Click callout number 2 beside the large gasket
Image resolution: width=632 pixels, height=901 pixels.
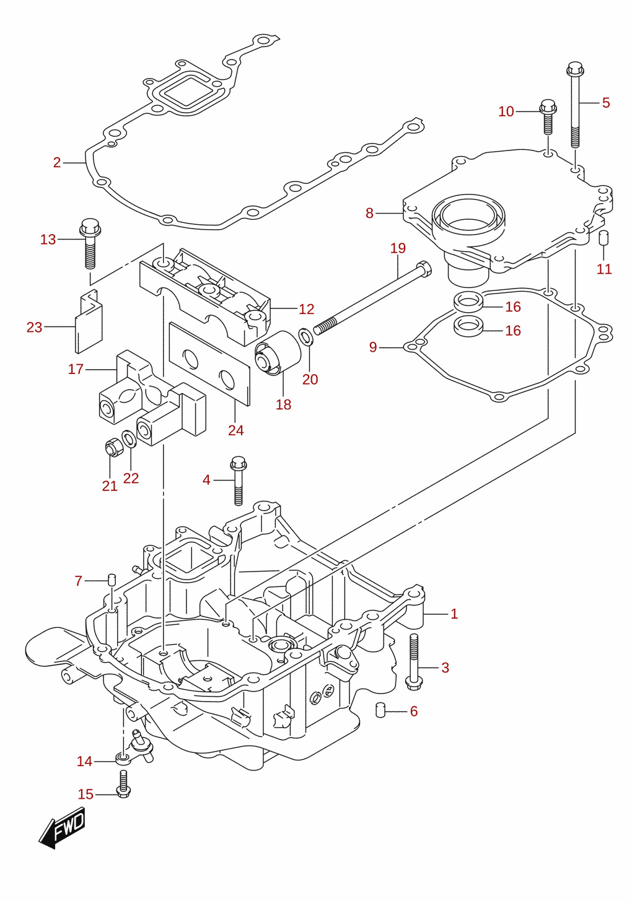coord(57,162)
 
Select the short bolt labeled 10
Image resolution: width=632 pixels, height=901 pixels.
coord(548,116)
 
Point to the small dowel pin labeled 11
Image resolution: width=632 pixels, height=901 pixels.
coord(603,237)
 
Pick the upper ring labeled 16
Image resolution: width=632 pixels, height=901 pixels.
coord(468,302)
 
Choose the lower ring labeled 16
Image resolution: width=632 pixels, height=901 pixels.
coord(468,325)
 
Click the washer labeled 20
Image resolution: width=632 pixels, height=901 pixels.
coord(305,337)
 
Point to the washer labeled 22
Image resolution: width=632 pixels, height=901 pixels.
coord(129,438)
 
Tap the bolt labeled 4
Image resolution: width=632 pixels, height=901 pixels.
coord(238,481)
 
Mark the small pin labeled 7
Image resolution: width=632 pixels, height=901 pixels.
coord(112,580)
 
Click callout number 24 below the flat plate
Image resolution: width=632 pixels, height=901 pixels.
coord(235,430)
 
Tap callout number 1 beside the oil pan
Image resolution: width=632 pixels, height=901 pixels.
coord(454,614)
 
